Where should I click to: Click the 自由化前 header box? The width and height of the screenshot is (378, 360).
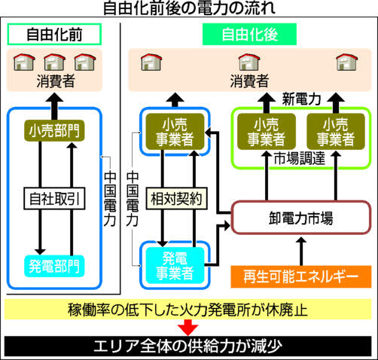54,35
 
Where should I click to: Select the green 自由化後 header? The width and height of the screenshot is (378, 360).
249,35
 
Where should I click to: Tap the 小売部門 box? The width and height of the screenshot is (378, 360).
54,130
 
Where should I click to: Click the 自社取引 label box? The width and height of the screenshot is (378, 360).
54,198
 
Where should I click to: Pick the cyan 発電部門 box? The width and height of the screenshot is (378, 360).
54,266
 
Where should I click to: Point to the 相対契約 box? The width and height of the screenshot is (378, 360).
177,198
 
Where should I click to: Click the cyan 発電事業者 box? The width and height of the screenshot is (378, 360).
175,266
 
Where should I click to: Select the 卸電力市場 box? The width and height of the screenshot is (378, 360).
301,218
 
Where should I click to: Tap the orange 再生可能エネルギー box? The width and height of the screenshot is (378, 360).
301,276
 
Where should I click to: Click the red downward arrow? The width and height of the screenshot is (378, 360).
188,327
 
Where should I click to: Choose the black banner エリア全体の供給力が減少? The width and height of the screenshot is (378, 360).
188,346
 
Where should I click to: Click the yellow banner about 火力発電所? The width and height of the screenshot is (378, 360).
188,310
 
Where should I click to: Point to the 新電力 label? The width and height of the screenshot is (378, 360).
301,99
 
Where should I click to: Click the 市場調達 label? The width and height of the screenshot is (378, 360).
299,158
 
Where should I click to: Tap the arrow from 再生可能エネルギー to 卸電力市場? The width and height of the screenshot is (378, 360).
301,251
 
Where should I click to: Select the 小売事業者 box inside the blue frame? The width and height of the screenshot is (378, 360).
175,132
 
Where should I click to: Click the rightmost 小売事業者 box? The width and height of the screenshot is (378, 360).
336,132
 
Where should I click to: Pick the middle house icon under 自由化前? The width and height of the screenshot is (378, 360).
54,62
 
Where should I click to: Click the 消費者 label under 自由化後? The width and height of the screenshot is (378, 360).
249,81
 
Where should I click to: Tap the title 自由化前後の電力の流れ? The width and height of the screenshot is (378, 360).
189,8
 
